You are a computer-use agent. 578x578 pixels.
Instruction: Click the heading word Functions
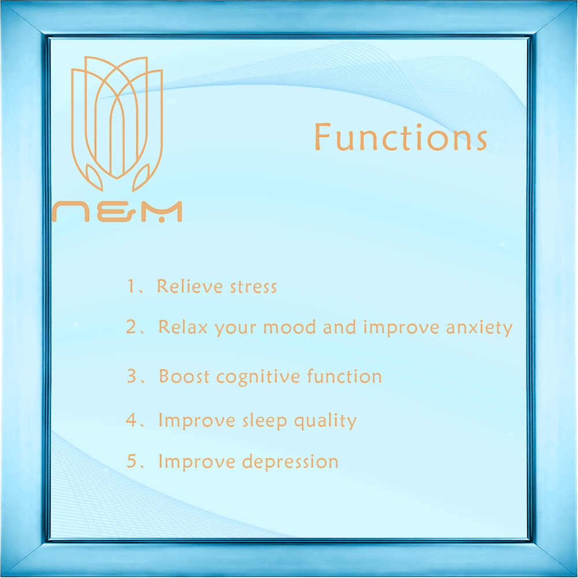401,137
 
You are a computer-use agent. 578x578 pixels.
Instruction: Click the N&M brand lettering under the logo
117,212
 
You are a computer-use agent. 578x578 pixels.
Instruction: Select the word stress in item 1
253,287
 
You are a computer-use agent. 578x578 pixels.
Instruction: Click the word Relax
183,327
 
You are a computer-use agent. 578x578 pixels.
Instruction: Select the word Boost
184,376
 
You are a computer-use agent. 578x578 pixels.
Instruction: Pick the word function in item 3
344,376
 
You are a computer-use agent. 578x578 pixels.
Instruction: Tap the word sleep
265,421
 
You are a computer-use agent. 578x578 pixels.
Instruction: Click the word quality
325,421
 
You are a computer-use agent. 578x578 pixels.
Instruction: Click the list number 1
131,286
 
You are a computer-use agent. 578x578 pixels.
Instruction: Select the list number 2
131,327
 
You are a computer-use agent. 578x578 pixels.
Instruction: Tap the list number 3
132,376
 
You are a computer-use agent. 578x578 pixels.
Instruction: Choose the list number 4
131,420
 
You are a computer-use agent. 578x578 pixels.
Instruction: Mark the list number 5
132,461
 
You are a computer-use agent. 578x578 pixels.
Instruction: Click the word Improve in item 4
197,421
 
